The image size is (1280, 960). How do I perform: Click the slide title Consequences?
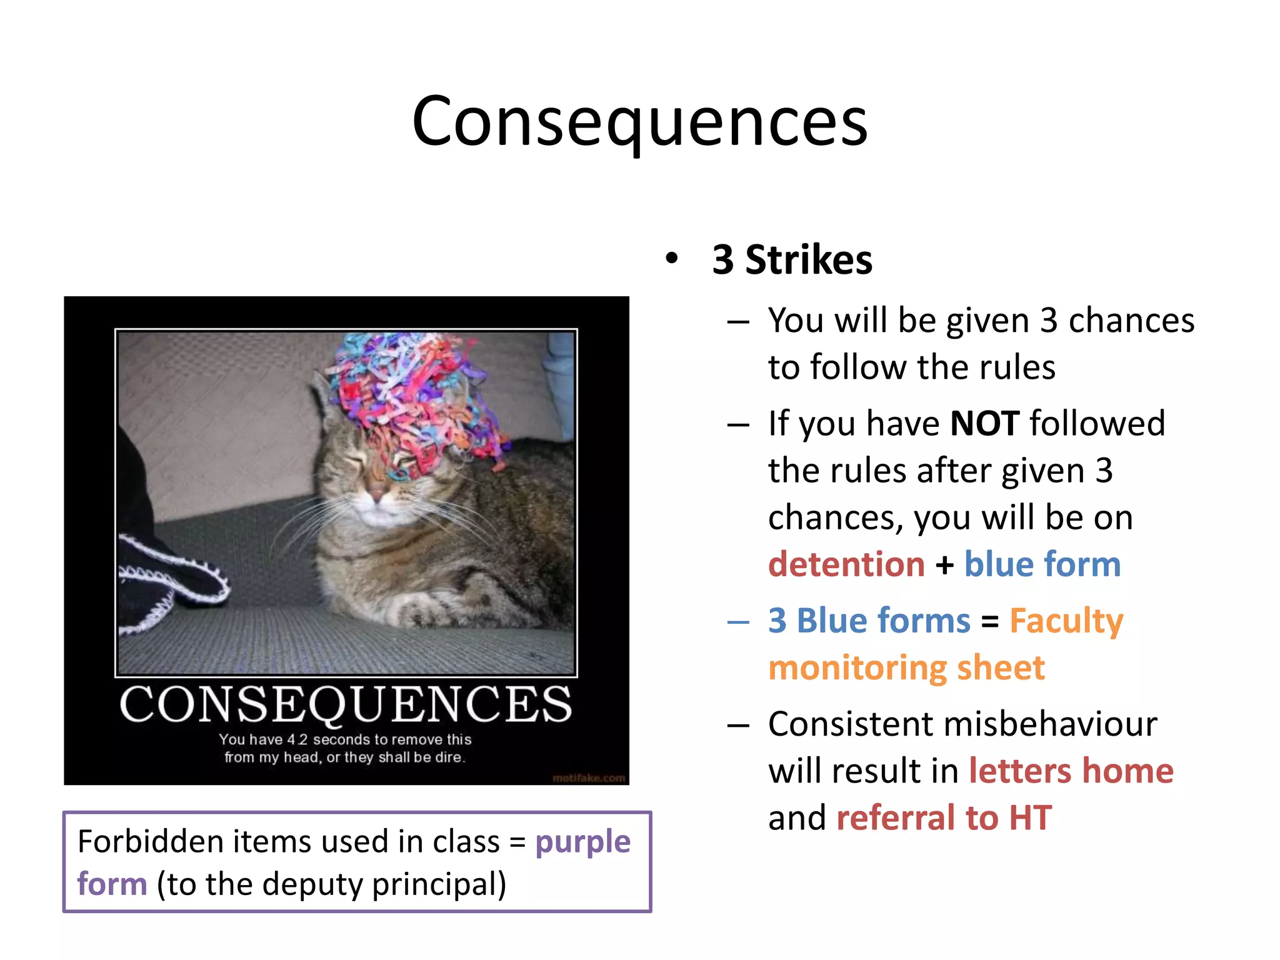pyautogui.click(x=639, y=122)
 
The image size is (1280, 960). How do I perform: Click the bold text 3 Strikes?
pyautogui.click(x=792, y=260)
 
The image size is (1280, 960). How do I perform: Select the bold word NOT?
pyautogui.click(x=985, y=424)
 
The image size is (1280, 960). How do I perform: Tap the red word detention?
pyautogui.click(x=846, y=564)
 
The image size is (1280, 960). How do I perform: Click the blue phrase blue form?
pyautogui.click(x=1042, y=564)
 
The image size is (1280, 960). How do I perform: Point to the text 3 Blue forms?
pyautogui.click(x=869, y=621)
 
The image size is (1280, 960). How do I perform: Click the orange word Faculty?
pyautogui.click(x=1066, y=621)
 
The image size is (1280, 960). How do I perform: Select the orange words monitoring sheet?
pyautogui.click(x=906, y=667)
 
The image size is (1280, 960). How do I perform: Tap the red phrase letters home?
pyautogui.click(x=1071, y=771)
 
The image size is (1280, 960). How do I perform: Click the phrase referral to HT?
pyautogui.click(x=944, y=817)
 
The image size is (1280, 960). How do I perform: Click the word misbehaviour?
pyautogui.click(x=1050, y=724)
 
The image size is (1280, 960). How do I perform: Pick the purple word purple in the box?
pyautogui.click(x=582, y=842)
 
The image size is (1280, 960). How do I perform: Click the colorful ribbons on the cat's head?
pyautogui.click(x=412, y=394)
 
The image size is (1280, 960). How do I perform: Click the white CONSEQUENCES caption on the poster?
pyautogui.click(x=346, y=704)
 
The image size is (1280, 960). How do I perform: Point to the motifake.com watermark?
pyautogui.click(x=588, y=778)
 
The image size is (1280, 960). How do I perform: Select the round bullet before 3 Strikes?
pyautogui.click(x=671, y=259)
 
